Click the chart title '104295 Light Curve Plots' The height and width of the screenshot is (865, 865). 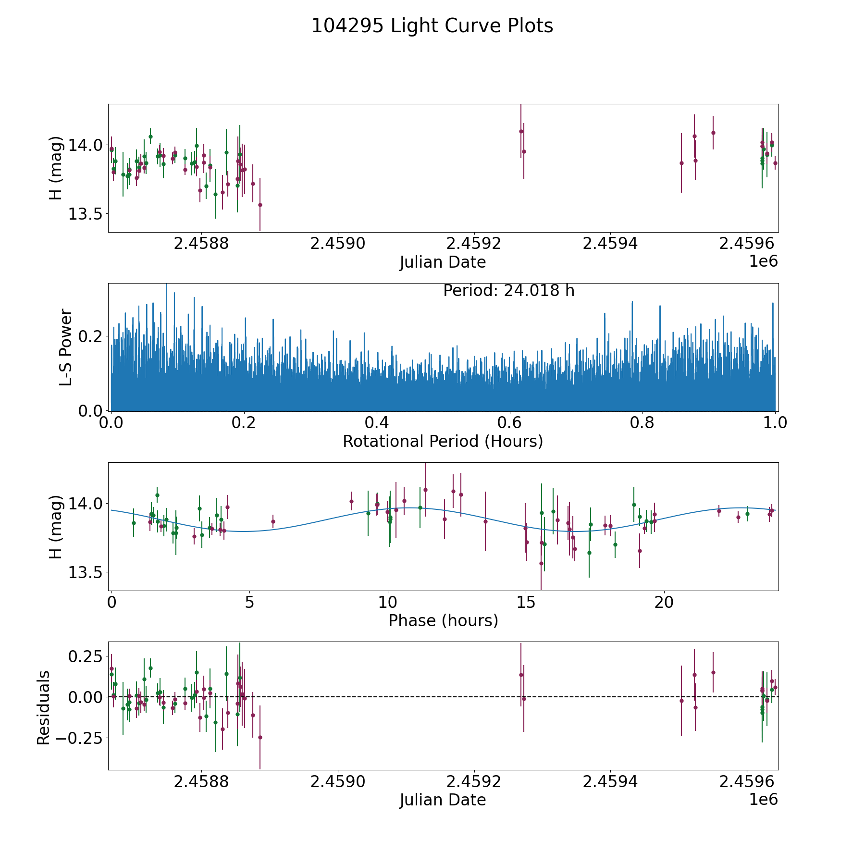432,26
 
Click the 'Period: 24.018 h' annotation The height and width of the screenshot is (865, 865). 508,291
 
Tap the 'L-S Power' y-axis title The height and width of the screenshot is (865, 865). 66,347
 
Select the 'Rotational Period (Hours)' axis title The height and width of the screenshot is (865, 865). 443,441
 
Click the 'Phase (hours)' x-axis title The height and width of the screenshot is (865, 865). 443,620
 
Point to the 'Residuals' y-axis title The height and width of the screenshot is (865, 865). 44,707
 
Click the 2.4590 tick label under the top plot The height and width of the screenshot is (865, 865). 338,244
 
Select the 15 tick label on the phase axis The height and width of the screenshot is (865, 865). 526,602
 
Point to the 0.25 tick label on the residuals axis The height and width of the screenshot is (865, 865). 86,656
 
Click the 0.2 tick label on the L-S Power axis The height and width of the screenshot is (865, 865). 90,336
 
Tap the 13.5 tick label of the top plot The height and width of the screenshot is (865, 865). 85,214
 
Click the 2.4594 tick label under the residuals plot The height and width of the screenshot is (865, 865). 610,781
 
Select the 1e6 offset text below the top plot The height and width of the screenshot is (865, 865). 763,261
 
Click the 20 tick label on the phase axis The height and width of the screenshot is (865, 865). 664,602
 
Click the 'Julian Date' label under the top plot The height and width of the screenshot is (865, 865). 443,262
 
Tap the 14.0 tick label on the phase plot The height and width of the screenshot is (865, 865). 85,504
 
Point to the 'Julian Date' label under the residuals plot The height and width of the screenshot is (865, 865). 443,800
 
